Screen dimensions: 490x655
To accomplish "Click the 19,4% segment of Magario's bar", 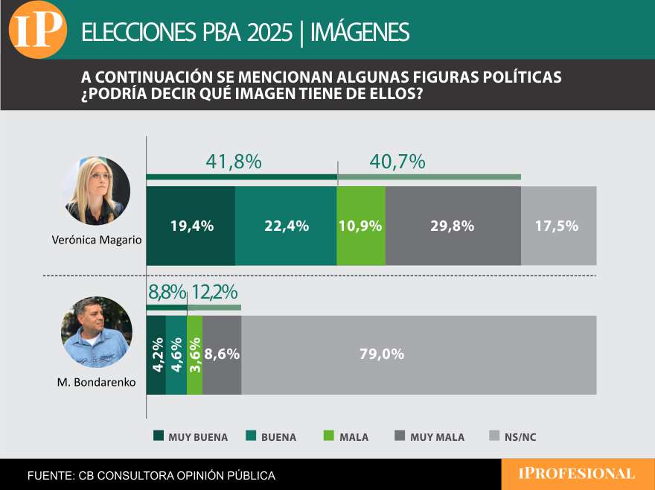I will click(x=191, y=226).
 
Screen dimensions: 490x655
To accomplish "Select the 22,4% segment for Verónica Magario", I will click(x=286, y=226).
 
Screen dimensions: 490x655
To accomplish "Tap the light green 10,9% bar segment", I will click(x=361, y=226).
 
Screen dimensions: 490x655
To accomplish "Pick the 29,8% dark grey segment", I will click(x=453, y=226).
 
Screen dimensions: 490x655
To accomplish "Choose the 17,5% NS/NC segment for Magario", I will click(x=558, y=226).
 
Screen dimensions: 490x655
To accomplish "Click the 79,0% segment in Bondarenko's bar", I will click(x=418, y=354).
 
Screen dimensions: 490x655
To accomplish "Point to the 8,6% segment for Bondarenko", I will click(x=222, y=354).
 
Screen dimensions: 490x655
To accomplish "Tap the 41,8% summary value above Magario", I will click(x=233, y=162).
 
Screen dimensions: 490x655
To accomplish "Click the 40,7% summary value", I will click(x=397, y=162).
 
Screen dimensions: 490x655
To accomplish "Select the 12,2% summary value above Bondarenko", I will click(x=215, y=293).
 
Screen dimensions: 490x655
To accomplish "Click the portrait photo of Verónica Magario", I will click(x=96, y=191).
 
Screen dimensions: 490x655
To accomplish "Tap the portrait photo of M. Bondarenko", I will click(x=97, y=332).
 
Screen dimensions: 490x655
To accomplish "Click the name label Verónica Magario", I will click(x=97, y=241).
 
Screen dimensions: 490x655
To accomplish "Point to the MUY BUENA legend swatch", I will click(x=159, y=436).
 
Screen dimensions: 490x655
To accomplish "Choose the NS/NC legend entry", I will click(x=513, y=437).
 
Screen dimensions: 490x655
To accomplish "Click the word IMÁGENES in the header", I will click(x=360, y=32).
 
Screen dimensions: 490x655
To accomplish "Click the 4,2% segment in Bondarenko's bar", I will click(x=156, y=354).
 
